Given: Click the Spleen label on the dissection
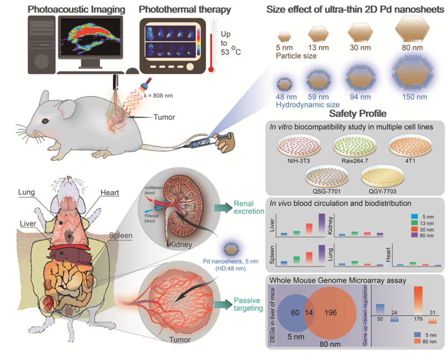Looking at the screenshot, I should coord(120,236).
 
